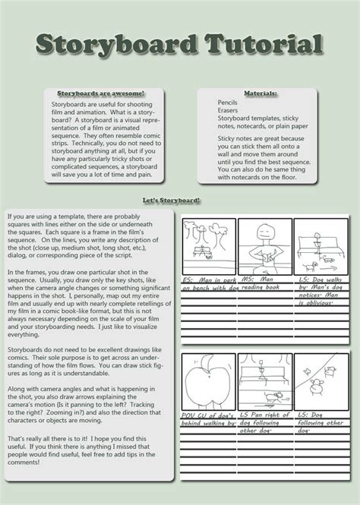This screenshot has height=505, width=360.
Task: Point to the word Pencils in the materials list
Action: click(229, 102)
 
